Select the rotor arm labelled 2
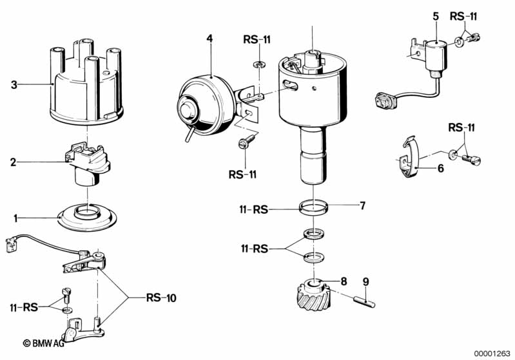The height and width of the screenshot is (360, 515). point(88,162)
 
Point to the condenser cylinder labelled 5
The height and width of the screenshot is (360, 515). point(436,56)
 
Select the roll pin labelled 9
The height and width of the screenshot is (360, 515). point(364,302)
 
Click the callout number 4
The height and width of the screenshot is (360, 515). point(209,39)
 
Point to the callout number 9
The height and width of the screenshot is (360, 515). point(366,282)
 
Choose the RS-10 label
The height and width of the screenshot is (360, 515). point(161,298)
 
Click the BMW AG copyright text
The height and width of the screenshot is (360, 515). point(43,343)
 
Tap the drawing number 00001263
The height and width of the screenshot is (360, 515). point(492,354)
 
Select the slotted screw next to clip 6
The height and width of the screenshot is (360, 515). point(471,160)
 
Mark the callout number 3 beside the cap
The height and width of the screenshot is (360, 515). point(14,85)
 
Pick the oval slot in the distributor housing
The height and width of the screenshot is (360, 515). point(289,86)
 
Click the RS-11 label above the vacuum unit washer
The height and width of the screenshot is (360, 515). point(257,39)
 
